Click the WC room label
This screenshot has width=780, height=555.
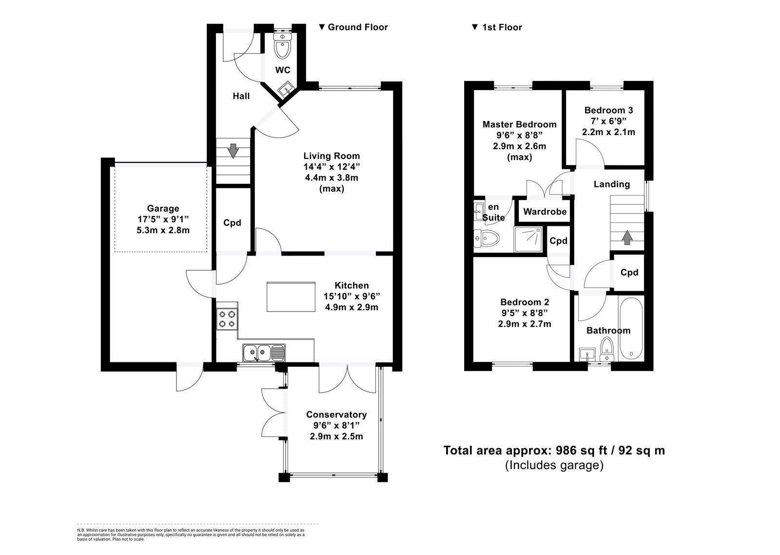282,70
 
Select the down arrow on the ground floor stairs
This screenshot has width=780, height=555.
233,151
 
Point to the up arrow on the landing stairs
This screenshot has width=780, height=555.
627,238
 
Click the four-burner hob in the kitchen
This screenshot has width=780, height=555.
227,319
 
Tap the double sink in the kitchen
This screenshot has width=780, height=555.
264,353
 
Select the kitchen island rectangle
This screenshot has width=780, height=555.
291,297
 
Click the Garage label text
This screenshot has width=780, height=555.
163,208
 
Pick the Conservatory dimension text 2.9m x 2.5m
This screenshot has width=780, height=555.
336,436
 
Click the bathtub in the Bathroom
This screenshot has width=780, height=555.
631,329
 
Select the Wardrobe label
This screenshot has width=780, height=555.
545,212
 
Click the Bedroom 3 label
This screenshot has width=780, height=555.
608,110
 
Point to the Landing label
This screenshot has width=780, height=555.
611,184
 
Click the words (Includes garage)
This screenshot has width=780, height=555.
554,465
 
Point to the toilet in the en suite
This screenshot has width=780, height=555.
487,238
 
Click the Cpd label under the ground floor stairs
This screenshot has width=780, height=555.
232,222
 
